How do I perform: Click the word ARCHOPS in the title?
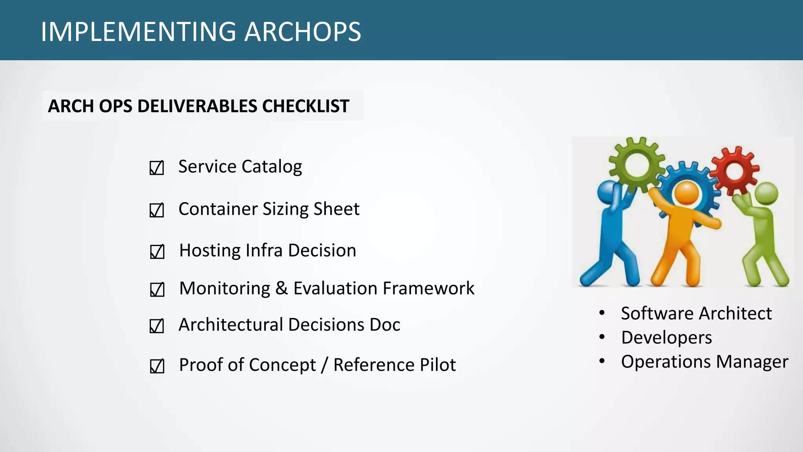303,31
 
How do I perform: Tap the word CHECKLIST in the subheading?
306,106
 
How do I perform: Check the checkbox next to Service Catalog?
156,168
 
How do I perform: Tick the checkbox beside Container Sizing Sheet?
156,210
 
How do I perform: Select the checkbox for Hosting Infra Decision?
157,252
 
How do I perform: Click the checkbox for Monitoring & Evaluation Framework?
157,290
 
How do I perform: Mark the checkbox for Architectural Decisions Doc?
156,326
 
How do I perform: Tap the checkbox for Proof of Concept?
157,366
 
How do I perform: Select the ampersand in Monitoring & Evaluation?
281,288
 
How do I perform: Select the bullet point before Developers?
602,337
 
